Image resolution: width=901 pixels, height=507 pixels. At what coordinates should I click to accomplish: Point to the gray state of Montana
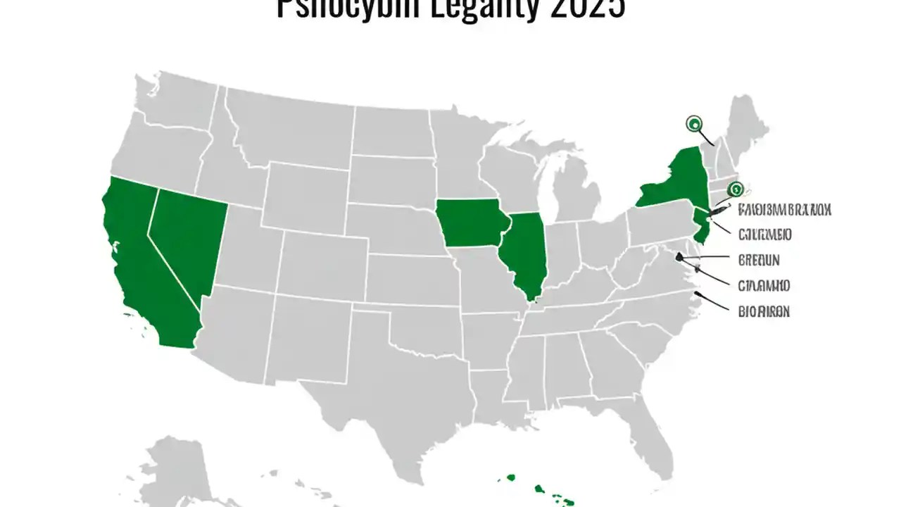pyautogui.click(x=289, y=127)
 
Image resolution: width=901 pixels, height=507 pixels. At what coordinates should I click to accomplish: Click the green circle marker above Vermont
pyautogui.click(x=693, y=124)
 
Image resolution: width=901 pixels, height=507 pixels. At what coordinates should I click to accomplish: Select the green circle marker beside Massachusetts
pyautogui.click(x=736, y=188)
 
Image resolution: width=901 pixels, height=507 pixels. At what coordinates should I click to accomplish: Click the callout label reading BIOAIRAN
pyautogui.click(x=763, y=311)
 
